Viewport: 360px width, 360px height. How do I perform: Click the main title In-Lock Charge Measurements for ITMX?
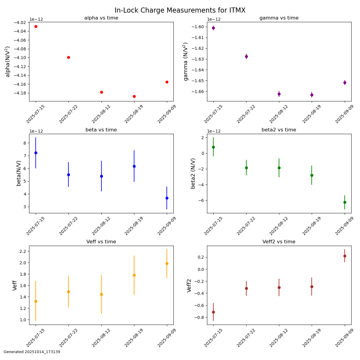[180, 10]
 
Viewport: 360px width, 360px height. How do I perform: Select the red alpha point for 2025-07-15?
[36, 26]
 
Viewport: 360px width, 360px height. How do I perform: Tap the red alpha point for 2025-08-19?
[134, 96]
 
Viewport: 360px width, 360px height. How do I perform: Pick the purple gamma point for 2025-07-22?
[246, 56]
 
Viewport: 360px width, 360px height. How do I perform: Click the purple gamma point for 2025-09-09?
[345, 82]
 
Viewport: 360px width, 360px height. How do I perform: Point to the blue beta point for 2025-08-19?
[134, 166]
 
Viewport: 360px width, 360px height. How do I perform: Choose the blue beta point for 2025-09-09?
[167, 198]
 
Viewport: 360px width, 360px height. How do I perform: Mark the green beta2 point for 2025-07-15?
[213, 147]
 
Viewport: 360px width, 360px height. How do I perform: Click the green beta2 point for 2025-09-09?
[345, 202]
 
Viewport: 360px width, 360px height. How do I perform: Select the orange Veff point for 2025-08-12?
[101, 294]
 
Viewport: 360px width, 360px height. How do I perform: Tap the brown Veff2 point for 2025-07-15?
[213, 312]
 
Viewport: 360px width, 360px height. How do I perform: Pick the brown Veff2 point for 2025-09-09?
[345, 256]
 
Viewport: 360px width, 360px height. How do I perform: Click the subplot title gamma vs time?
[279, 18]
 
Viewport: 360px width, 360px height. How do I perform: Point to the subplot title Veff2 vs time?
[279, 242]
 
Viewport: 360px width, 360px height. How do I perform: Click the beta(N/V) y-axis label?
[19, 173]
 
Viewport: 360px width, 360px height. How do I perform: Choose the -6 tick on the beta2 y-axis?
[201, 200]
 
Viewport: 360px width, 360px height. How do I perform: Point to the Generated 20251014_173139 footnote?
[32, 352]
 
